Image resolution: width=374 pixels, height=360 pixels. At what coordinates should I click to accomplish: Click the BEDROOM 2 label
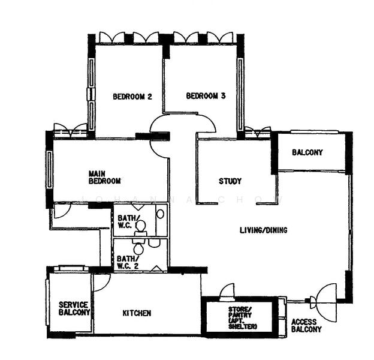click(132, 96)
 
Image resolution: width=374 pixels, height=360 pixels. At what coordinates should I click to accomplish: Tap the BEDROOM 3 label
click(206, 95)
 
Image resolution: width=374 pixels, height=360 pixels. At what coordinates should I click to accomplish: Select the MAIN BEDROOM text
click(104, 177)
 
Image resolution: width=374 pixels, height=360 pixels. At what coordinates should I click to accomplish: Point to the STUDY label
click(230, 181)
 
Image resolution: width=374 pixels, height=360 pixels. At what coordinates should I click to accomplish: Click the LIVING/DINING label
click(263, 230)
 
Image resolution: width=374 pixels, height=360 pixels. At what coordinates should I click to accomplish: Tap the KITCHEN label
click(137, 313)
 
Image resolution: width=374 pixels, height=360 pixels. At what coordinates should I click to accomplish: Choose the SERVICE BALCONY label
click(74, 308)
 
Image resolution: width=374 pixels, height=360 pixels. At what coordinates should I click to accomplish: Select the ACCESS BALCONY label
click(306, 325)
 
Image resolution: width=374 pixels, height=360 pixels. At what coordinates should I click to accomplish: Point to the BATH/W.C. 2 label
click(127, 262)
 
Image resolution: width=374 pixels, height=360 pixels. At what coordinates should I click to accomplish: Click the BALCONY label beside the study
click(307, 152)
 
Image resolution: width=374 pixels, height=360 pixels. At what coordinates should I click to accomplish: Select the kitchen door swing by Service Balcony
click(101, 282)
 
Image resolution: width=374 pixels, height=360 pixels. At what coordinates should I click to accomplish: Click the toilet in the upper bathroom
click(141, 227)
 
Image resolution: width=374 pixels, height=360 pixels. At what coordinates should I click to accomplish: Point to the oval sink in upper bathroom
click(160, 214)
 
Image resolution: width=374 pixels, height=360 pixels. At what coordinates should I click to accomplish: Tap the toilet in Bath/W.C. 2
click(139, 248)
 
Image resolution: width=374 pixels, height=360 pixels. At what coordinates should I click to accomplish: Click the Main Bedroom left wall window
click(49, 170)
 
